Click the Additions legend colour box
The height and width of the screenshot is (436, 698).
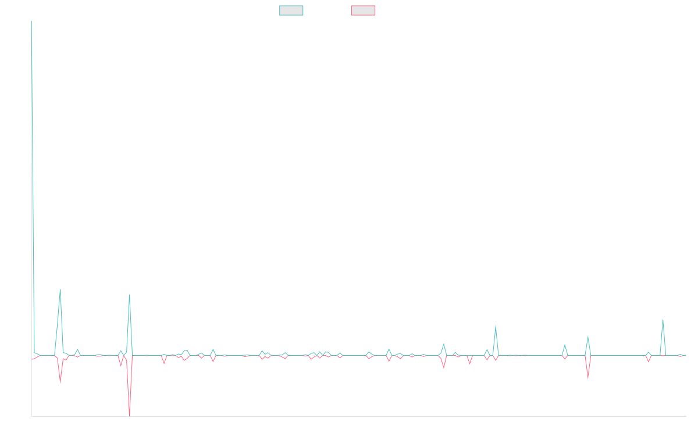click(291, 10)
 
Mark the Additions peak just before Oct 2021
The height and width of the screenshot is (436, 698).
click(60, 290)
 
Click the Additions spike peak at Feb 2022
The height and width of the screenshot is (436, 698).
click(129, 295)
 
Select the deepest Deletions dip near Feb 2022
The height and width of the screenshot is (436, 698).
click(129, 416)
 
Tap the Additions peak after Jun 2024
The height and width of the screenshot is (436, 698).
click(495, 325)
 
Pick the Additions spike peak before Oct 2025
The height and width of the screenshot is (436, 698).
click(663, 320)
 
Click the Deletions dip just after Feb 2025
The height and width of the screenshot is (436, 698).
click(588, 378)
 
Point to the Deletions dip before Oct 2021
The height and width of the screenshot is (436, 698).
click(60, 382)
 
